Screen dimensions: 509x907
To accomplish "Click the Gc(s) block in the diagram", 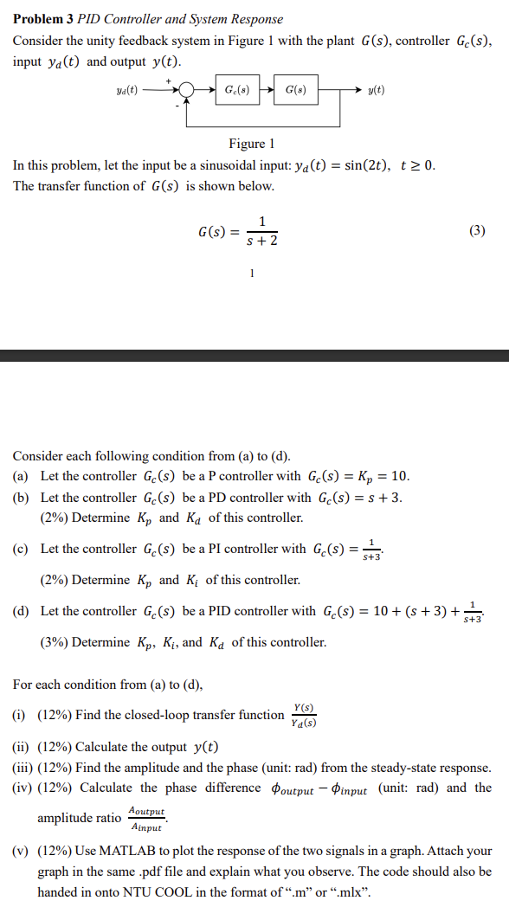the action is [237, 89].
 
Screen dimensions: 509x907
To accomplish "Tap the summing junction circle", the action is [185, 89].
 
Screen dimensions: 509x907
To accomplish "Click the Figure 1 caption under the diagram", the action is [251, 143].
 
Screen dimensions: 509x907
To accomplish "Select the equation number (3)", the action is [477, 230].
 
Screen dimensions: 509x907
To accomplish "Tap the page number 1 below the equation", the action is [251, 273].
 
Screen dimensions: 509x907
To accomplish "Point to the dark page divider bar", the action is [254, 355].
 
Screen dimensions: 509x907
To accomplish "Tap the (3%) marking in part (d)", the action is [55, 642].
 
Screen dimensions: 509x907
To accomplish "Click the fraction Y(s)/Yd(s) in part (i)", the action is [304, 715].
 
